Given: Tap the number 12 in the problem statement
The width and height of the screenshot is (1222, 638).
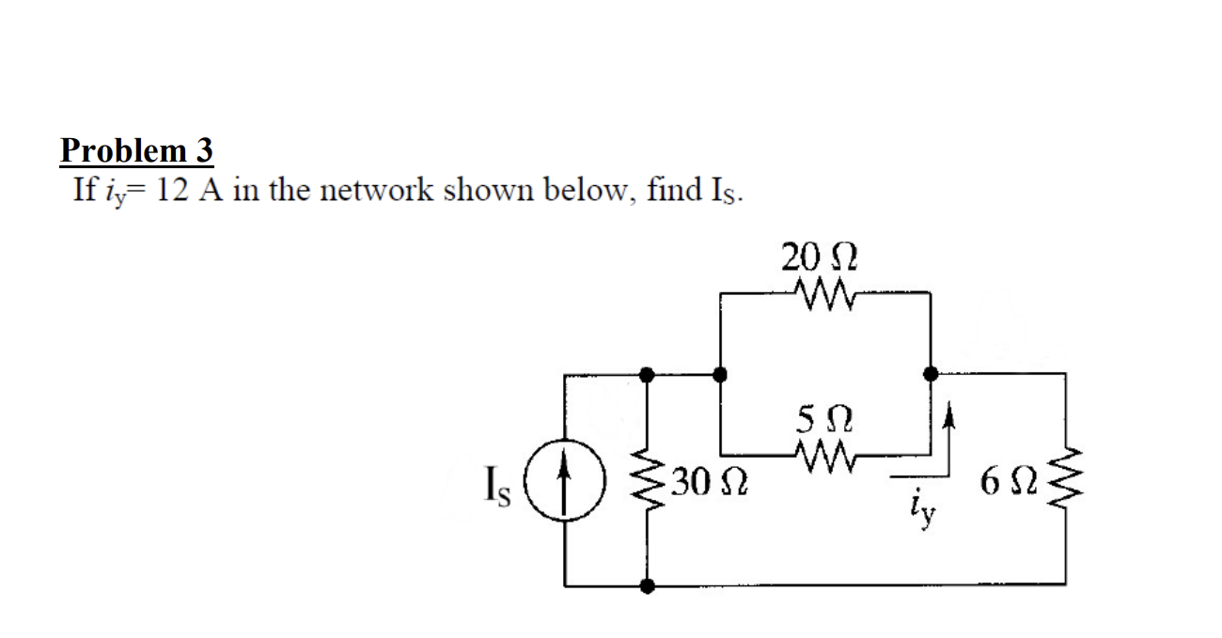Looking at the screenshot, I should click(x=175, y=191).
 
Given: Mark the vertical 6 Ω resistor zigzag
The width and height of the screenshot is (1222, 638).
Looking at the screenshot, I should click(x=1064, y=480).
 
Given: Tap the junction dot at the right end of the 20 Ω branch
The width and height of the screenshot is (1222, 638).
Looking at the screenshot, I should click(x=931, y=374).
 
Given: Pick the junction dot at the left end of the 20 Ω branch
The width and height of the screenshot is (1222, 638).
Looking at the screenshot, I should click(x=720, y=374).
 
